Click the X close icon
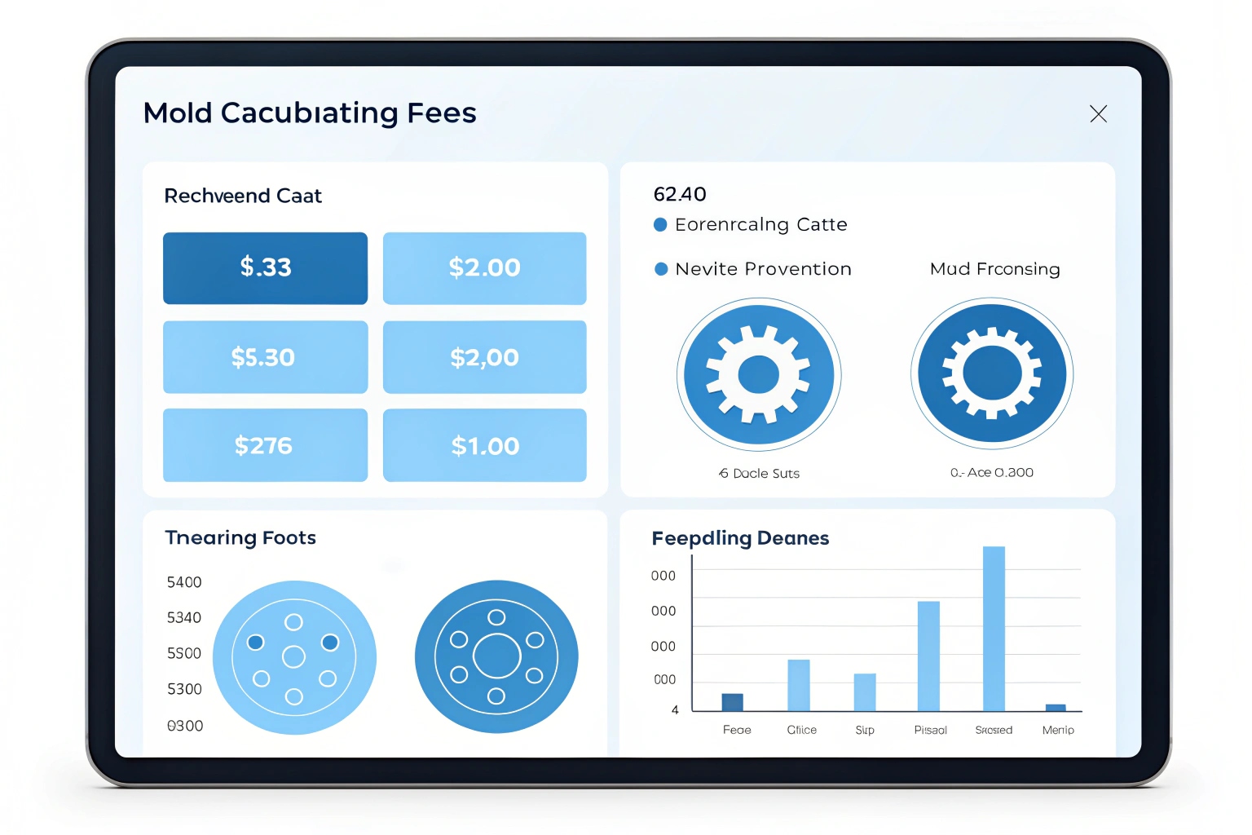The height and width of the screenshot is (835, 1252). [1098, 114]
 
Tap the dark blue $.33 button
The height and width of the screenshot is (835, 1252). [265, 268]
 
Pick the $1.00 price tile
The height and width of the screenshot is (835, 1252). [485, 445]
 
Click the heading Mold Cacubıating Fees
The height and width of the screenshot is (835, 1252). [310, 113]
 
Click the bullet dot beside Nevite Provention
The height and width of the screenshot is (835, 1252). [661, 269]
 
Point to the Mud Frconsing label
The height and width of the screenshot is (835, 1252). [994, 269]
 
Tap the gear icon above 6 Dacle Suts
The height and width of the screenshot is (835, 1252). [759, 375]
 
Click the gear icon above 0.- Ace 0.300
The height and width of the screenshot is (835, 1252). [992, 373]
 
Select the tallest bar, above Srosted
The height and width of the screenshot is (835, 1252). [994, 628]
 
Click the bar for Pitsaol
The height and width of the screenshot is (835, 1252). [928, 656]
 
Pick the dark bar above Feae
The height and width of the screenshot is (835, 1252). [733, 702]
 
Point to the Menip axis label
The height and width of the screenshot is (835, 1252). [1058, 730]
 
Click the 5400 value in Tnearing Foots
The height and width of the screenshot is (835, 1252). [184, 582]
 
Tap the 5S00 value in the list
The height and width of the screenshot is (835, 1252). [184, 653]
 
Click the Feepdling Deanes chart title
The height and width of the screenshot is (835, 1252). [740, 538]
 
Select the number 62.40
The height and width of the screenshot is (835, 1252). [680, 194]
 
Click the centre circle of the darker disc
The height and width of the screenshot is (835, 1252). [496, 656]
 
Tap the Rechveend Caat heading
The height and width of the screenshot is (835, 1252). [243, 196]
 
